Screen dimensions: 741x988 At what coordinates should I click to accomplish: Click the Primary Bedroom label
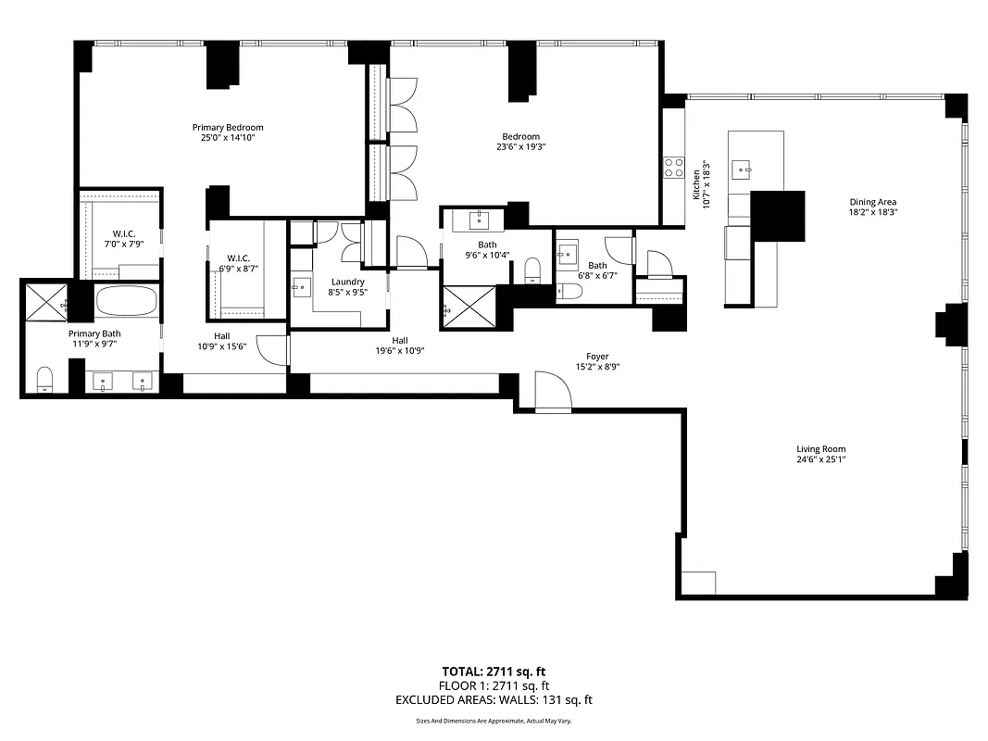click(x=227, y=128)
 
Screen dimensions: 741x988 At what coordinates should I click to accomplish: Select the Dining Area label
click(x=872, y=202)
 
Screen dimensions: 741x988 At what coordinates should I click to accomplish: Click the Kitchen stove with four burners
click(x=672, y=168)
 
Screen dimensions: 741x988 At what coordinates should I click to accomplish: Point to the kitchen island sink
click(x=741, y=169)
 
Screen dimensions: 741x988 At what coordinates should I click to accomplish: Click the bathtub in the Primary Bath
click(x=127, y=302)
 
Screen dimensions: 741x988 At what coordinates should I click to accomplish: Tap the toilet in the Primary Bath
click(x=44, y=380)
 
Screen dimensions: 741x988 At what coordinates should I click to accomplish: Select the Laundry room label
click(x=347, y=282)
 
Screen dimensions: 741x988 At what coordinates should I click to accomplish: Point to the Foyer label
click(x=597, y=356)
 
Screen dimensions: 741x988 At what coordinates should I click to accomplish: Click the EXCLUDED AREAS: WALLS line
click(x=494, y=701)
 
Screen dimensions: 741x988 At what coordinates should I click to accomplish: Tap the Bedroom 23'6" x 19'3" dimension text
click(x=518, y=146)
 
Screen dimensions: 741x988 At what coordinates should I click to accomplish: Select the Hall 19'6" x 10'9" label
click(x=400, y=350)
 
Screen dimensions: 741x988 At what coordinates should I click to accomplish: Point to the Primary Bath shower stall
click(x=44, y=302)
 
